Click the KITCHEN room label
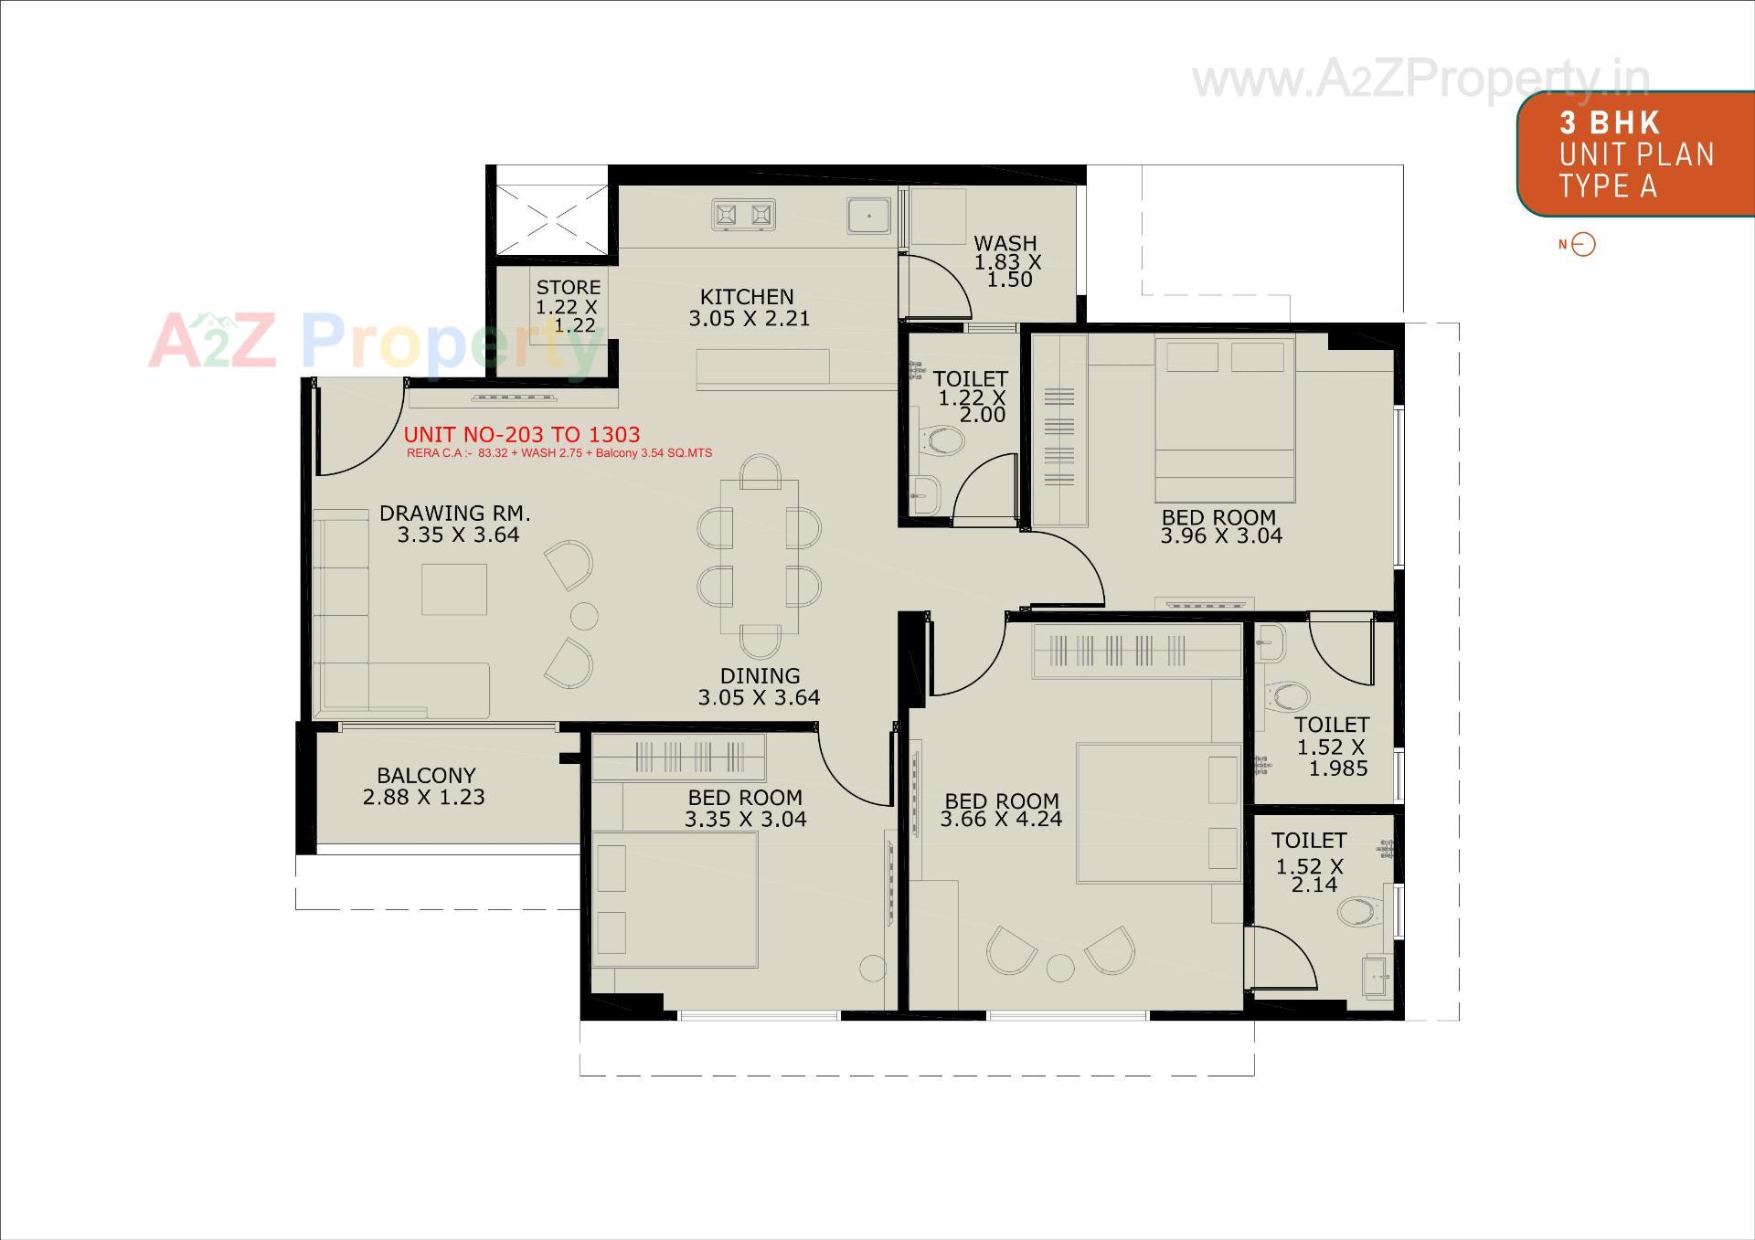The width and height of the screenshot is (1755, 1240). pos(747,297)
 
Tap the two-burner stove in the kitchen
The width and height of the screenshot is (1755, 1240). pos(743,215)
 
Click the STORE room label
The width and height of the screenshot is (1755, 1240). pos(568,288)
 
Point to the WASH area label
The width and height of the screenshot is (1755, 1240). pos(1005,244)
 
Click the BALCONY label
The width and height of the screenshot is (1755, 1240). pos(426,776)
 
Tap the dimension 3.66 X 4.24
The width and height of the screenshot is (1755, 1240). pos(1001,820)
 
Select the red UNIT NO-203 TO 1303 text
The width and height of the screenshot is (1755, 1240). pos(522,435)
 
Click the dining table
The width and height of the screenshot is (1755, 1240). pos(759,556)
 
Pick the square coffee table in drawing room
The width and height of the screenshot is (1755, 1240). pos(454,589)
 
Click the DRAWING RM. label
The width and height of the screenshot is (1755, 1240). pos(454,514)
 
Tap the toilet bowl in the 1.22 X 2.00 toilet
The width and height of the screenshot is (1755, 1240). pos(942,443)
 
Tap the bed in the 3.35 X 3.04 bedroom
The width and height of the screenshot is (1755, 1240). pos(675,898)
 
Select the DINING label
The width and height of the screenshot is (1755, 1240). pos(760,676)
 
